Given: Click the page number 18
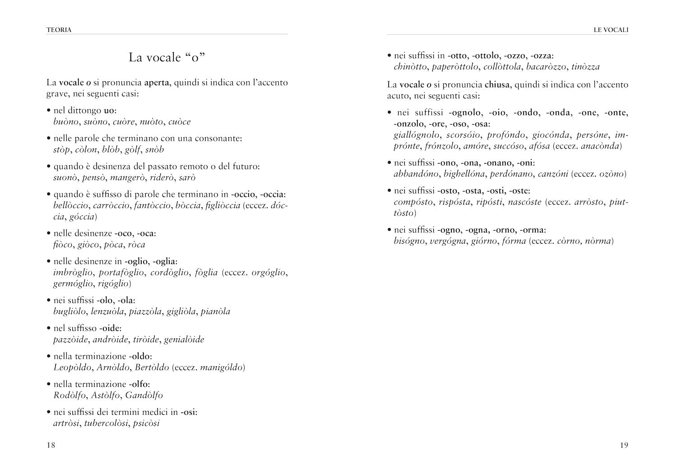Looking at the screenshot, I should pos(51,446).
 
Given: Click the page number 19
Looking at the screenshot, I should pos(624,446).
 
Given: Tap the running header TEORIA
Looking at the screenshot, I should pos(59,30).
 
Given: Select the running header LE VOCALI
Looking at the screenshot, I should pos(611,30).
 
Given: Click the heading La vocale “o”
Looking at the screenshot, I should pos(167,57).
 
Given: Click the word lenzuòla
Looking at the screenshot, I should pos(110,311).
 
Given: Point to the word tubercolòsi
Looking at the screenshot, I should pos(106,423).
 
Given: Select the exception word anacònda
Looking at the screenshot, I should pos(601,146).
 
